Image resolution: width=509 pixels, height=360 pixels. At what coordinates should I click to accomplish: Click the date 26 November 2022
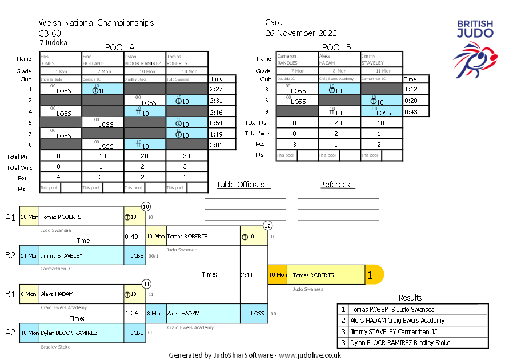(301, 33)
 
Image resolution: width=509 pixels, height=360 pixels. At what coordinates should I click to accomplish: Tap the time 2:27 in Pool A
(216, 90)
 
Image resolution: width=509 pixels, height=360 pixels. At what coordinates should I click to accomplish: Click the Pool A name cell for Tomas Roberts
(187, 59)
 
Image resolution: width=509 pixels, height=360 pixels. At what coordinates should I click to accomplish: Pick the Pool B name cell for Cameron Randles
(296, 59)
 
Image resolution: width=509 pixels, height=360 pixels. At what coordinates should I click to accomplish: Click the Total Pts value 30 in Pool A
(187, 155)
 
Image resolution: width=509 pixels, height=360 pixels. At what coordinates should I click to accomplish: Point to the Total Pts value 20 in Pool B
(339, 123)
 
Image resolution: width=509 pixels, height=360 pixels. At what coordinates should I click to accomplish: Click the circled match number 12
(267, 226)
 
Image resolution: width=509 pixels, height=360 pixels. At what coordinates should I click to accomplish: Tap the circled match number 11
(146, 283)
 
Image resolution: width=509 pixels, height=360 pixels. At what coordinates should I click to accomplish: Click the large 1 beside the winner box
(370, 275)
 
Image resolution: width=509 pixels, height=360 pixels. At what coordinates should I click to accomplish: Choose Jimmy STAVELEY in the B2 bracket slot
(61, 256)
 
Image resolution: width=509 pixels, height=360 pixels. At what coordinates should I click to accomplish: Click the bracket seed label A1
(10, 217)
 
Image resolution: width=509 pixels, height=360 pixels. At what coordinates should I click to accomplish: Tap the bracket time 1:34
(131, 314)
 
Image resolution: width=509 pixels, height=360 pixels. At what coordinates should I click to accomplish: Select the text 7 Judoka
(53, 42)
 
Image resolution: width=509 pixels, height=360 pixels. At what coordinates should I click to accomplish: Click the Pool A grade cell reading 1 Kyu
(61, 71)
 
